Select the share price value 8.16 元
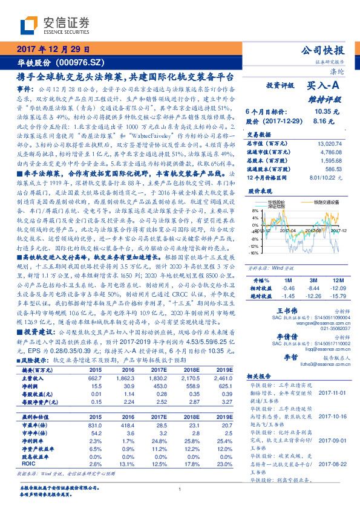[x=325, y=121]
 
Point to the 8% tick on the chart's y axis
[x=255, y=211]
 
